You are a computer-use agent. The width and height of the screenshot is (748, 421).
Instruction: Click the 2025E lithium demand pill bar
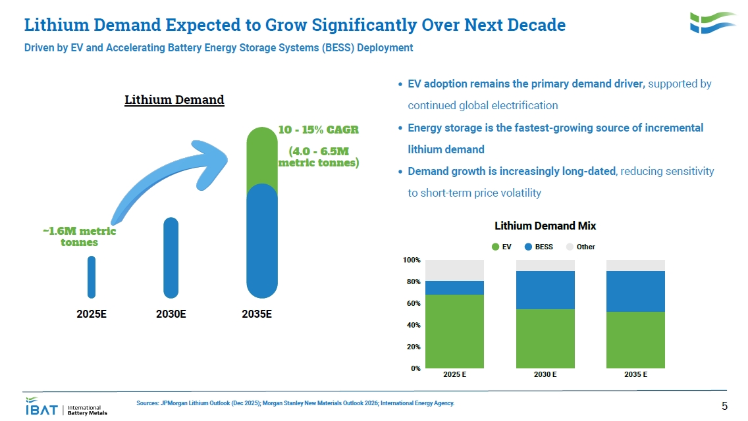(x=91, y=277)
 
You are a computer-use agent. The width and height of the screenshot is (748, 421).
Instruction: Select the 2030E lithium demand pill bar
(x=171, y=258)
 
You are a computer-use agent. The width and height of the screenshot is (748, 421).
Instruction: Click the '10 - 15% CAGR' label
(x=318, y=130)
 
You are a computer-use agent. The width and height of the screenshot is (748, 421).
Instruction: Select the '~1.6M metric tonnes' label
(x=79, y=237)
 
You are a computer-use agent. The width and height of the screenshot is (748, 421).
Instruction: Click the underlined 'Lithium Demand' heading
(x=174, y=99)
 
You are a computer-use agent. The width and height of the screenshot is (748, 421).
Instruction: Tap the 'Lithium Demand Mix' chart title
(x=545, y=226)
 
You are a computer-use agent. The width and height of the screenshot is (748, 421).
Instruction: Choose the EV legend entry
(x=501, y=247)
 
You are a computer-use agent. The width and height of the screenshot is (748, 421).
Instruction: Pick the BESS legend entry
(x=539, y=247)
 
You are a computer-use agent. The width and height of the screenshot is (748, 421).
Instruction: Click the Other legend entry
(x=581, y=247)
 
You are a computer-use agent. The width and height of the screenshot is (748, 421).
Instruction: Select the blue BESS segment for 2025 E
(x=454, y=287)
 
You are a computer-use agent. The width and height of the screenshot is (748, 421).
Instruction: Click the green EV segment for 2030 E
(x=545, y=339)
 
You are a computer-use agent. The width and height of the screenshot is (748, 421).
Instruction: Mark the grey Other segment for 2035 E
(x=635, y=266)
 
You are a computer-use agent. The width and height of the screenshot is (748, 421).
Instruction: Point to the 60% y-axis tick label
(x=413, y=303)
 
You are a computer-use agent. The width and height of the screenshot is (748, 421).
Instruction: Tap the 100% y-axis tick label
(x=412, y=260)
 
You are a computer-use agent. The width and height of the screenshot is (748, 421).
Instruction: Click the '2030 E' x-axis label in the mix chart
(x=545, y=374)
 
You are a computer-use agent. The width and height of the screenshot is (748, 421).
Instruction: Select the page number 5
(x=724, y=406)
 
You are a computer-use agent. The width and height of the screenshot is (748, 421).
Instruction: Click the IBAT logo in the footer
(x=67, y=407)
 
